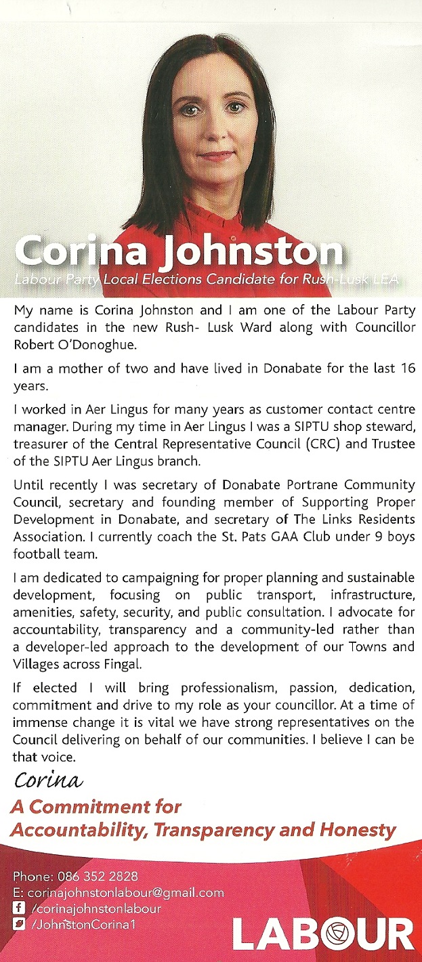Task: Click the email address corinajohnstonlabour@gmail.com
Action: pos(125,892)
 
